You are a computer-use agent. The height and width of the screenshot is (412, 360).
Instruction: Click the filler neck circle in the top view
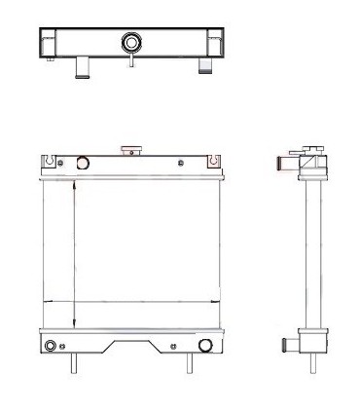point(129,43)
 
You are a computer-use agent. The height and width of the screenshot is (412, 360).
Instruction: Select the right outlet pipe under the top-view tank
point(203,64)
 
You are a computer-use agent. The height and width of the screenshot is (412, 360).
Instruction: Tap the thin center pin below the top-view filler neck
point(129,62)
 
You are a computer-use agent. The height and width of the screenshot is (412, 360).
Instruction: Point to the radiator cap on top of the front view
point(126,150)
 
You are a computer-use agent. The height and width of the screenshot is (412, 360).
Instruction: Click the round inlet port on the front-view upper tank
point(82,163)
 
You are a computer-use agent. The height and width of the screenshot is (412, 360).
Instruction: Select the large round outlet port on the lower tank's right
point(205,346)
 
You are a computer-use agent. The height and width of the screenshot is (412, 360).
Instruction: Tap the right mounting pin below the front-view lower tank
point(189,364)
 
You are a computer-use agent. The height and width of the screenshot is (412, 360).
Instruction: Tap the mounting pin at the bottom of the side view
point(311,365)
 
